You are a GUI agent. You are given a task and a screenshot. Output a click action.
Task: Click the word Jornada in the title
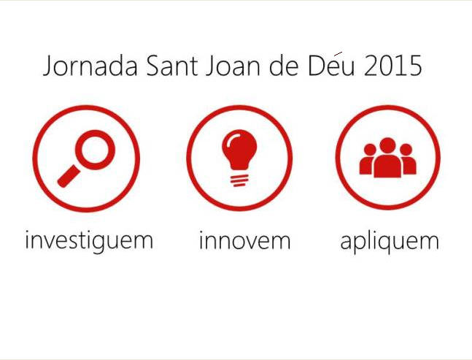click(90, 66)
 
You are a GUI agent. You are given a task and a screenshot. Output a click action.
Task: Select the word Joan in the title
click(233, 66)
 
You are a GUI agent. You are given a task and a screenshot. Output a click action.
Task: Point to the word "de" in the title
click(284, 65)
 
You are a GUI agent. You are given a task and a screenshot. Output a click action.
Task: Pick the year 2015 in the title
click(392, 66)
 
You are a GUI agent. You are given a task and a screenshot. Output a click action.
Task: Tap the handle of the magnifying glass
click(69, 176)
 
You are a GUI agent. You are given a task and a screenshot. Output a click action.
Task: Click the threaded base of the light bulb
click(239, 180)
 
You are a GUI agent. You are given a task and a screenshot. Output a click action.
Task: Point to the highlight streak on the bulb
click(231, 139)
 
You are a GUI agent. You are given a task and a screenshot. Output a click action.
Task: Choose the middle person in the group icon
click(387, 158)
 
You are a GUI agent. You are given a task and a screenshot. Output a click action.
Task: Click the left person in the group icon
click(367, 159)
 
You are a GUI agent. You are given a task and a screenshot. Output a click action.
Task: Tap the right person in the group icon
click(409, 159)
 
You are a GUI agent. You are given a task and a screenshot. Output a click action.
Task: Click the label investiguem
click(90, 240)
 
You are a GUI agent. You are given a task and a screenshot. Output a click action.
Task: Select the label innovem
click(244, 240)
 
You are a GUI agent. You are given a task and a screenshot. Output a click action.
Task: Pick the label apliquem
click(390, 242)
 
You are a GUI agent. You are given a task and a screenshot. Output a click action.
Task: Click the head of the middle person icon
click(387, 145)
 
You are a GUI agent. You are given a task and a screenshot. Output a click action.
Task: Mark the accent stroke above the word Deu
click(338, 53)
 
